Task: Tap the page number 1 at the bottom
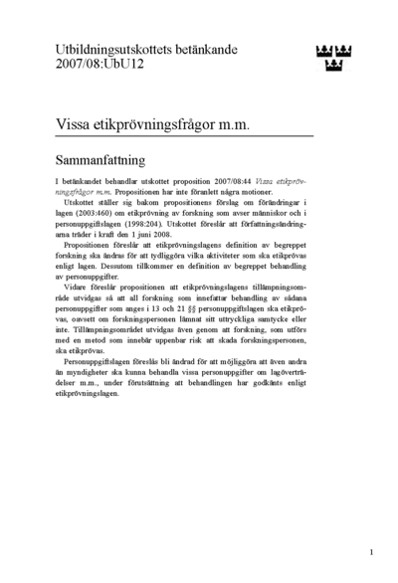pyautogui.click(x=370, y=551)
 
